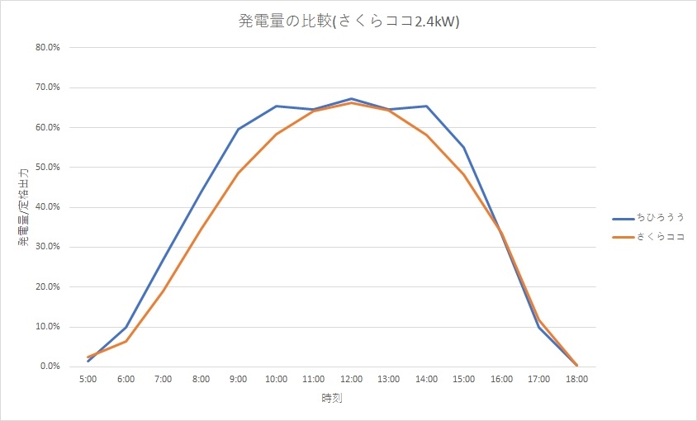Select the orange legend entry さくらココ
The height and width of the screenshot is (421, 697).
click(660, 238)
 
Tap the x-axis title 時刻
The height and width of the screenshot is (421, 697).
click(332, 399)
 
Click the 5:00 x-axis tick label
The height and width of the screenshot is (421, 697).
click(88, 380)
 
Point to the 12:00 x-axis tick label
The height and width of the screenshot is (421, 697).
click(351, 380)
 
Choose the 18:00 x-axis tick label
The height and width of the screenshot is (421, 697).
click(576, 380)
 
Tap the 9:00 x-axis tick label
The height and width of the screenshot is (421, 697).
click(239, 380)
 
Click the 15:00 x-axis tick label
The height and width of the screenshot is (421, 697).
click(464, 380)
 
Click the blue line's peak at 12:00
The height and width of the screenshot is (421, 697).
click(351, 99)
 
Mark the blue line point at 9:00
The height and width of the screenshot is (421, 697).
click(239, 129)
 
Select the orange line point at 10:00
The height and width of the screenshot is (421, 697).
click(276, 134)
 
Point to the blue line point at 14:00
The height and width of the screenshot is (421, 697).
click(426, 106)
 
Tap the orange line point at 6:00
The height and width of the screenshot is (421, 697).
click(126, 341)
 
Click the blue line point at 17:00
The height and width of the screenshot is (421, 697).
click(539, 327)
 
